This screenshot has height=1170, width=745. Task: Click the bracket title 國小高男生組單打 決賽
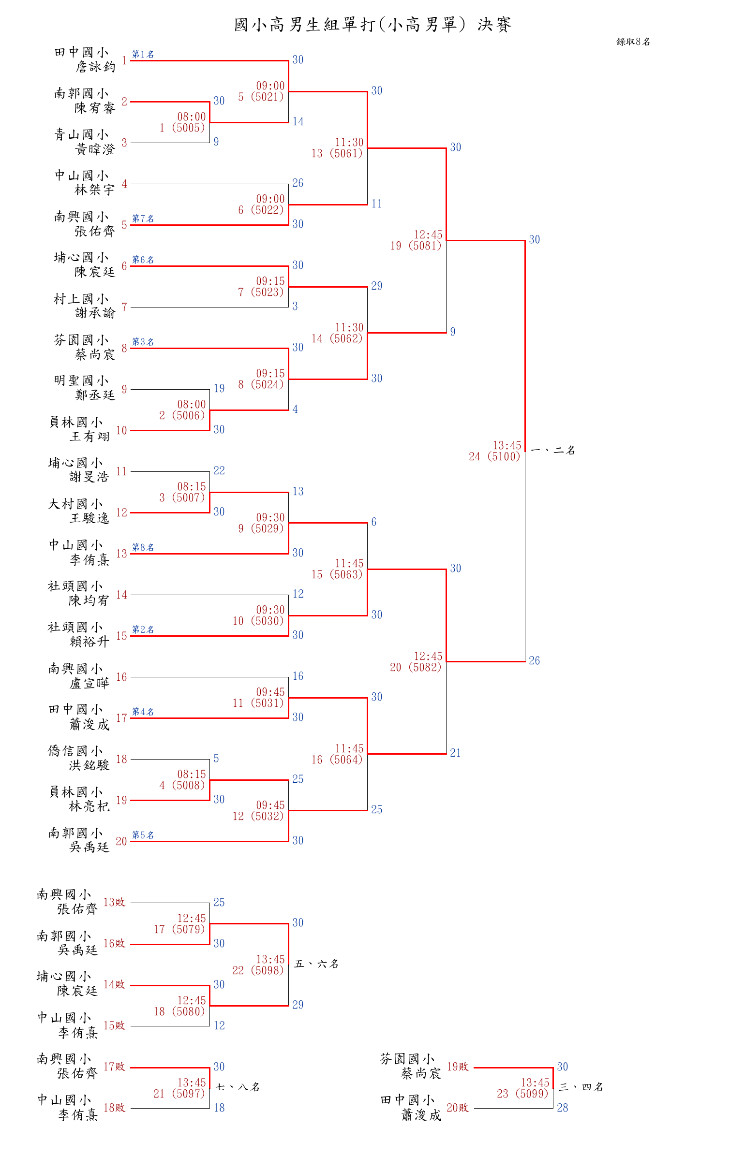372,24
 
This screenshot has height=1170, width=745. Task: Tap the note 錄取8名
633,42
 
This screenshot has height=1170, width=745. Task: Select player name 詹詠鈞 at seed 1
95,67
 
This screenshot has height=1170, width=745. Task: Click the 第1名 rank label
143,54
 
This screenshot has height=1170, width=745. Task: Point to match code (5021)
267,97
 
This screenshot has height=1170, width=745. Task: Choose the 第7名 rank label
143,219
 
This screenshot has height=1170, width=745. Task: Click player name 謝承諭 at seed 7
95,313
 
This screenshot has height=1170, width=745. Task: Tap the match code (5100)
503,456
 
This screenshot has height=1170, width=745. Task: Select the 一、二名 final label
553,451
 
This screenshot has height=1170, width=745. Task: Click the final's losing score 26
535,660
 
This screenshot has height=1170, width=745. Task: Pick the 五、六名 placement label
316,964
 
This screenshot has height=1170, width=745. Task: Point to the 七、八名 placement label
238,1087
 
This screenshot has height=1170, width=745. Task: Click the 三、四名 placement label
581,1087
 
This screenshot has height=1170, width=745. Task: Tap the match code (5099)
532,1094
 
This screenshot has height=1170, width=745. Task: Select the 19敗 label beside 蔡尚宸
458,1067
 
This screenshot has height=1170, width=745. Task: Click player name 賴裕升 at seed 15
89,642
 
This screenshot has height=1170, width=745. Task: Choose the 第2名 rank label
143,629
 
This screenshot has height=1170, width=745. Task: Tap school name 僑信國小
75,751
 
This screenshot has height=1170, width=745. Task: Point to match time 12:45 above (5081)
428,234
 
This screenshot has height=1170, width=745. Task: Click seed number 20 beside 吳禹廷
121,841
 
